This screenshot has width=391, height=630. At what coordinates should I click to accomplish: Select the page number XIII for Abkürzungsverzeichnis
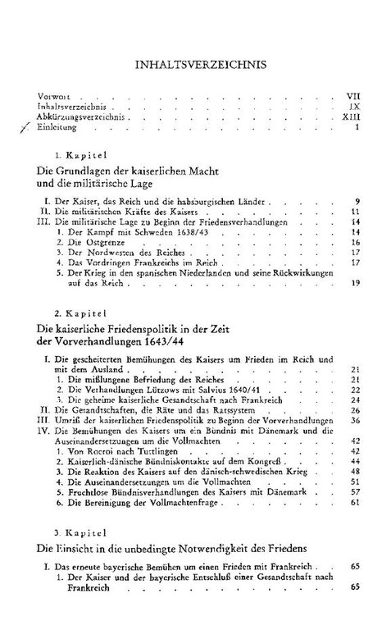(352, 116)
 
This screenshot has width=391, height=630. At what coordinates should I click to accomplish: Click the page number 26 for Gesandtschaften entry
(356, 410)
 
